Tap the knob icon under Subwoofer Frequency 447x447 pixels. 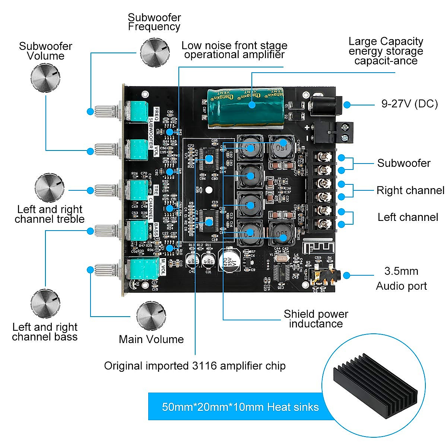click(155, 52)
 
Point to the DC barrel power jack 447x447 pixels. click(327, 105)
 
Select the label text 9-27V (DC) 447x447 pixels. click(409, 104)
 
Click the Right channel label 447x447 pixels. click(410, 190)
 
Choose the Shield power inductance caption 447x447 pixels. click(316, 319)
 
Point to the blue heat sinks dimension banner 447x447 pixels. click(240, 406)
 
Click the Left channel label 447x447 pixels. click(408, 217)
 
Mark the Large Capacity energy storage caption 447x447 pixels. click(386, 51)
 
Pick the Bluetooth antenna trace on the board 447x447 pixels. click(312, 244)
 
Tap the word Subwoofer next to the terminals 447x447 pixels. click(404, 163)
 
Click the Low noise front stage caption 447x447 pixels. click(234, 50)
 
